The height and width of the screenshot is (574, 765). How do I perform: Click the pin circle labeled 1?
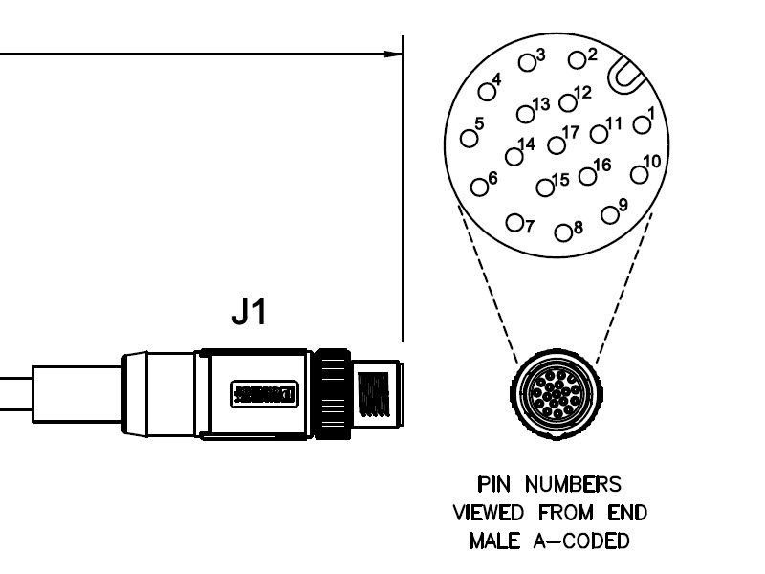pyautogui.click(x=640, y=124)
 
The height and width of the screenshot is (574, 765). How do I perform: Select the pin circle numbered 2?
pyautogui.click(x=577, y=60)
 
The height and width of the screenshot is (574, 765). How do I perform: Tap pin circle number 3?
pyautogui.click(x=526, y=62)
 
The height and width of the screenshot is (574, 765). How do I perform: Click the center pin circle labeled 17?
pyautogui.click(x=557, y=145)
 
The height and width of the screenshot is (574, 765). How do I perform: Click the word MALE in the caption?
pyautogui.click(x=493, y=541)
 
